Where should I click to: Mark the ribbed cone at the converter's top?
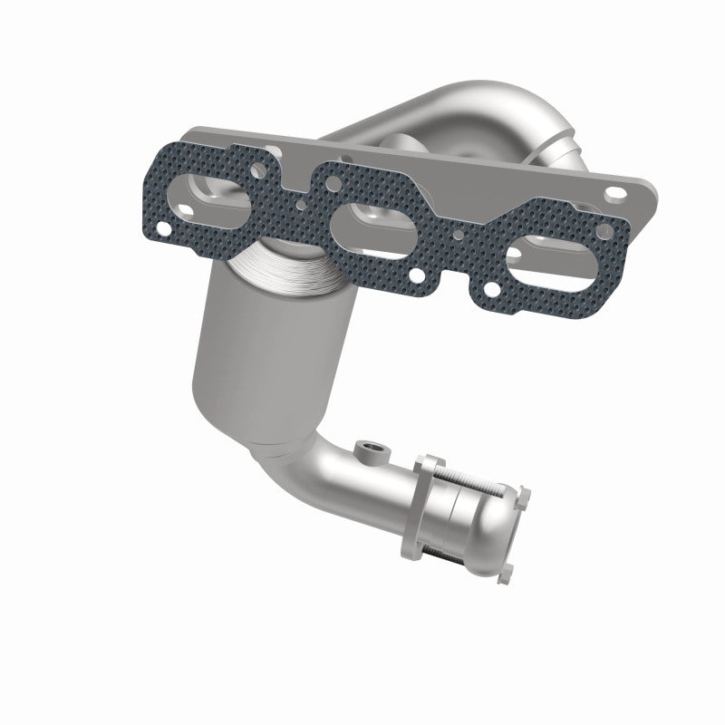coord(281,272)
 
